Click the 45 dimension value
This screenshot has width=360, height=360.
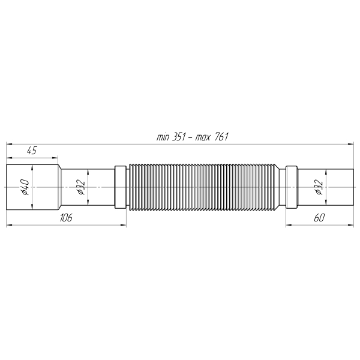(32, 151)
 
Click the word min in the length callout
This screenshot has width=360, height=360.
(163, 137)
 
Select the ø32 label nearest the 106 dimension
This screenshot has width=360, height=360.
(81, 188)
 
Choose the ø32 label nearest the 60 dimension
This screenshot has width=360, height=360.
(319, 188)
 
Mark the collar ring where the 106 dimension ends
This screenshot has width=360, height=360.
(121, 187)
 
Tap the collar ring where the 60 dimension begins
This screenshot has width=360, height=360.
(292, 187)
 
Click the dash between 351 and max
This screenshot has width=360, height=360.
(193, 137)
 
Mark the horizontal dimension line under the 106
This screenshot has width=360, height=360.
(66, 225)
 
